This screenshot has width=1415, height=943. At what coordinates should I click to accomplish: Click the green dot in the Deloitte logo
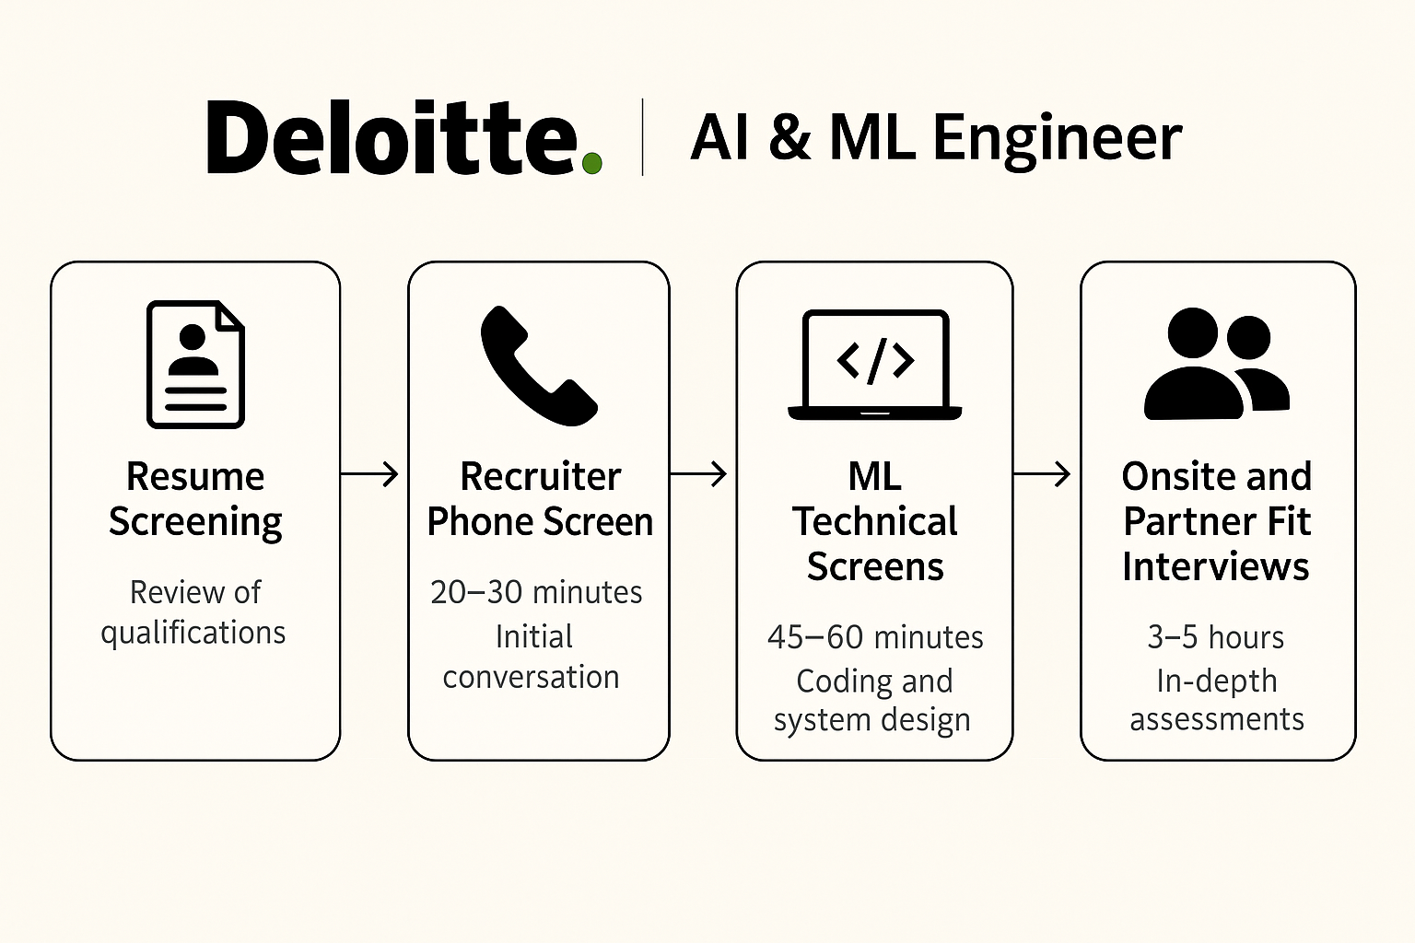click(x=592, y=163)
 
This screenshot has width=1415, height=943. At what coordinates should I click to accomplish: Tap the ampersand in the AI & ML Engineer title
click(x=789, y=137)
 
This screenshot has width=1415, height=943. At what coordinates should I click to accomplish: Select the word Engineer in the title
click(x=1057, y=140)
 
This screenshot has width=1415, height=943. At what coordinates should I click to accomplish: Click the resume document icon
click(x=196, y=365)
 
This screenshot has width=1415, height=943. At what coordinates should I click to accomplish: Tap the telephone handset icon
click(x=539, y=366)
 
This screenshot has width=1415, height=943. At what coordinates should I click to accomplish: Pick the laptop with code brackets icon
click(x=875, y=365)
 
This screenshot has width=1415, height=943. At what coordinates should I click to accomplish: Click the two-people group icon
click(x=1217, y=364)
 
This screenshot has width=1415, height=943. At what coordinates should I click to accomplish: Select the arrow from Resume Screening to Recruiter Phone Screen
click(x=369, y=473)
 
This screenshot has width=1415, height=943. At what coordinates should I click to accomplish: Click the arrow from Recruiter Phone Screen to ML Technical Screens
click(x=698, y=473)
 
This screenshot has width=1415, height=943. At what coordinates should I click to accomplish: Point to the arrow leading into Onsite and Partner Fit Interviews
click(x=1042, y=473)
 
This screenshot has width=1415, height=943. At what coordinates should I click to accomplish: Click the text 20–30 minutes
click(x=536, y=592)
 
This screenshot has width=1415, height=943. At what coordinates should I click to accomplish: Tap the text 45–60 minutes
click(x=875, y=636)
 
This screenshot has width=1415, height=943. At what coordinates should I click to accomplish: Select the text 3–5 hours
click(x=1216, y=636)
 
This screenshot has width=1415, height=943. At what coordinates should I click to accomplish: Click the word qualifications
click(x=193, y=633)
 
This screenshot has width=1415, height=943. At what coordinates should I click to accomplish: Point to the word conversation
click(x=532, y=677)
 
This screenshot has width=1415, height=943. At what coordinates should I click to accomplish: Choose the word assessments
click(x=1217, y=719)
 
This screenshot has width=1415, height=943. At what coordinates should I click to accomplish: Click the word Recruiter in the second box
click(x=541, y=475)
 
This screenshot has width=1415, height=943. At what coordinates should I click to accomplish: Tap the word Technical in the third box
click(x=875, y=521)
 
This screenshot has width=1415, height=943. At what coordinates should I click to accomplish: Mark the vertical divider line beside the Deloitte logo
click(x=642, y=137)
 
